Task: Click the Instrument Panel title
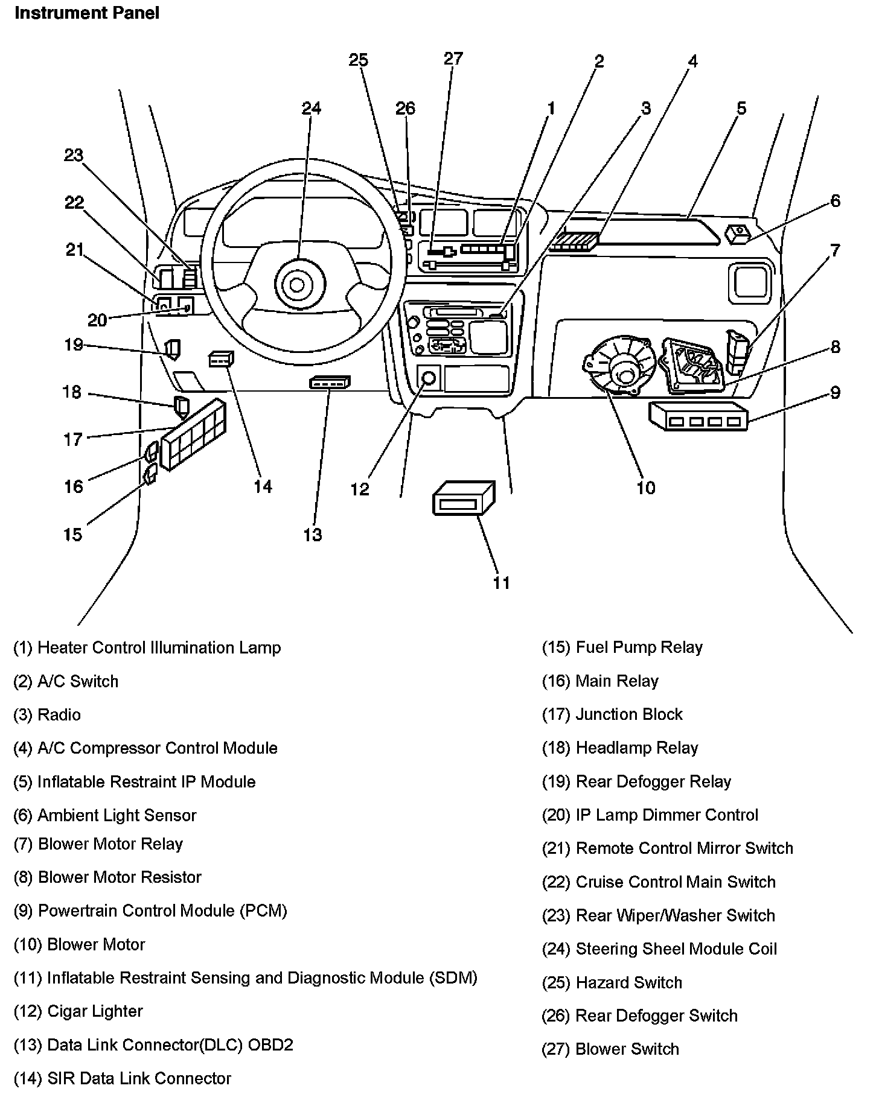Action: pos(87,13)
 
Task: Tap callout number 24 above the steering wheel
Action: pos(312,108)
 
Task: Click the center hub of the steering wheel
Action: pos(297,284)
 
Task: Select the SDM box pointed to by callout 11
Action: pos(464,498)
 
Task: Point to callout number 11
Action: pos(502,582)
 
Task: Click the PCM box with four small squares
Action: pos(698,416)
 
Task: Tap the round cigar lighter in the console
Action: pos(429,379)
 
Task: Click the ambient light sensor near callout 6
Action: pos(738,234)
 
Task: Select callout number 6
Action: pos(836,201)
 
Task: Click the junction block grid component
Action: pos(194,434)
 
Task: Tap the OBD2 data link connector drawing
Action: pos(330,382)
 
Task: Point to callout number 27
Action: pos(453,59)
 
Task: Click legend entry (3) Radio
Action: pos(47,715)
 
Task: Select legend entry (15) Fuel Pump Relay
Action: pos(622,647)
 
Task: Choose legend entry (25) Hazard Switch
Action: pos(612,983)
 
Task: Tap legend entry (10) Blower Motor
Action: pos(79,945)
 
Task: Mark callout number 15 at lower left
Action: pos(72,535)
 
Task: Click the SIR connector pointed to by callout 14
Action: pos(221,360)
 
